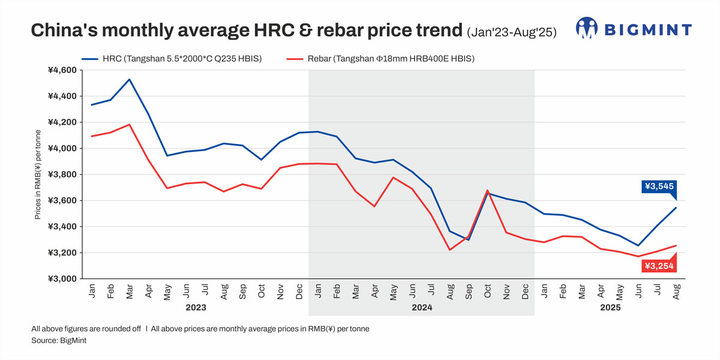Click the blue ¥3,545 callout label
[x=659, y=187]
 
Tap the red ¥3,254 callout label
[x=659, y=266]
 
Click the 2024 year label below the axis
[x=421, y=307]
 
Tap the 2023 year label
[x=196, y=307]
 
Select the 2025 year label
[x=610, y=307]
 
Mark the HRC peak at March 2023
[x=130, y=79]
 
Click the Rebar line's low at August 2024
[x=449, y=250]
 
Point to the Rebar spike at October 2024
[x=487, y=190]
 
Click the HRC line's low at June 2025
[x=638, y=245]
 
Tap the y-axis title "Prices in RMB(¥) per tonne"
[x=37, y=175]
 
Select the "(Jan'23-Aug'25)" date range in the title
[x=511, y=31]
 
